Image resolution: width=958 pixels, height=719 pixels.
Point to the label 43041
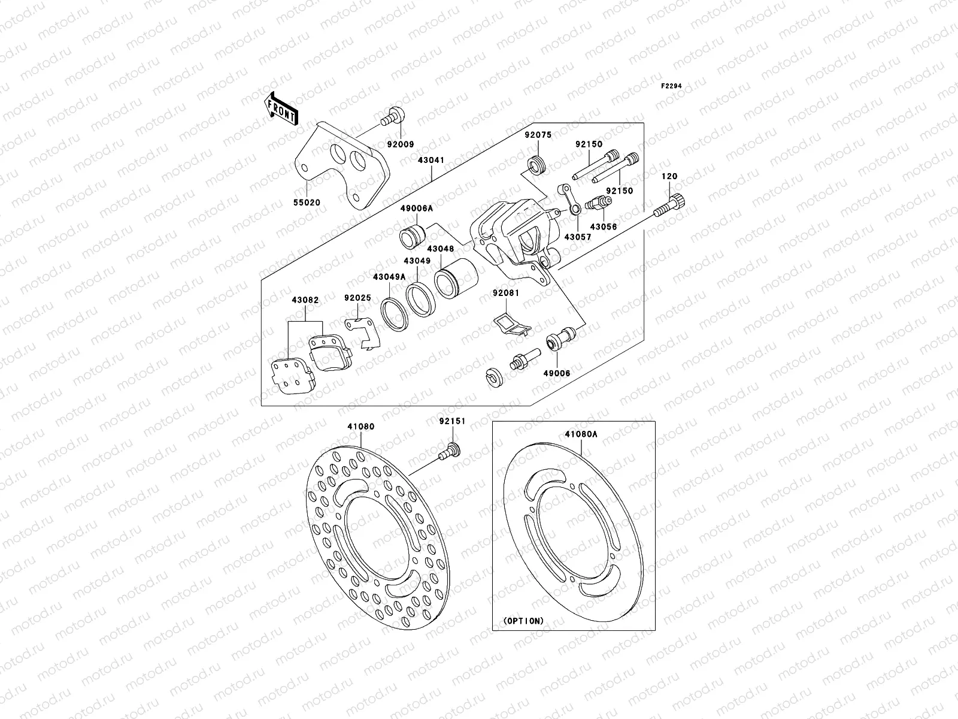click(431, 160)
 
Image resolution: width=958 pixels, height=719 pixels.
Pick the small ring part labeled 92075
click(536, 165)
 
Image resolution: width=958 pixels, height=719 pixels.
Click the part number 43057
click(578, 237)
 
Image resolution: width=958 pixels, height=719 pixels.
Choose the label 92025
click(357, 297)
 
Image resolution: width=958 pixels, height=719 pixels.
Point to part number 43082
click(305, 299)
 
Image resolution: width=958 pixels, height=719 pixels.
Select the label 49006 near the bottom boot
click(557, 373)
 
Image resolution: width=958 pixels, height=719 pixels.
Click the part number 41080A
click(580, 434)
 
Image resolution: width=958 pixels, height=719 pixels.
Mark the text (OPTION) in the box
click(523, 621)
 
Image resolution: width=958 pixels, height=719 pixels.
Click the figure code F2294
click(671, 86)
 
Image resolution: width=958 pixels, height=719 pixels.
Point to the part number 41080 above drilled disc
click(361, 427)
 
